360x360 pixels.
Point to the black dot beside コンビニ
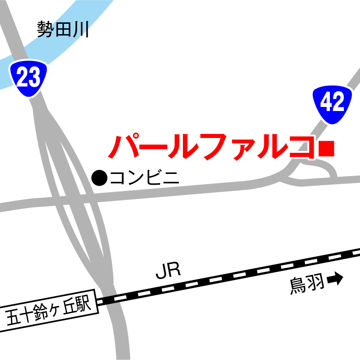pyautogui.click(x=99, y=178)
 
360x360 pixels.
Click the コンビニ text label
pyautogui.click(x=144, y=178)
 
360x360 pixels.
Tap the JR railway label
pyautogui.click(x=168, y=271)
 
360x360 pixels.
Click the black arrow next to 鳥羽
pyautogui.click(x=335, y=280)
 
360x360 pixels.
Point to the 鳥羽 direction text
pyautogui.click(x=307, y=285)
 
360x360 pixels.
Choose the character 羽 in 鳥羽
pyautogui.click(x=316, y=284)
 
